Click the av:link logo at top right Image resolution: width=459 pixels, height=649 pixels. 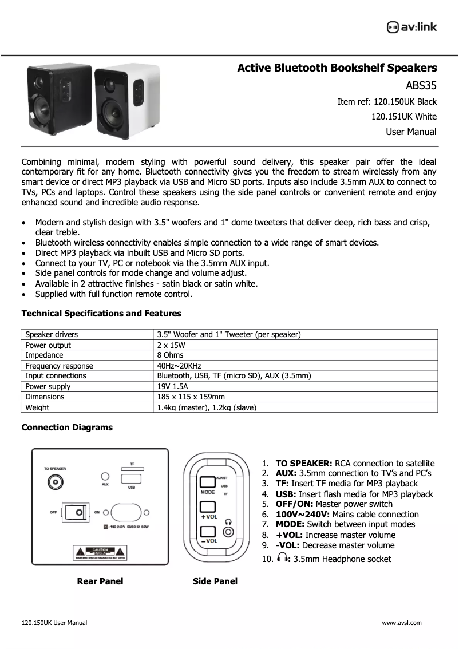click(411, 27)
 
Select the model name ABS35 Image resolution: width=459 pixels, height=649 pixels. click(421, 86)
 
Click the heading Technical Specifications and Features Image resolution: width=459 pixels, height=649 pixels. click(101, 314)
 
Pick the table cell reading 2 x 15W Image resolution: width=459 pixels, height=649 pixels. click(171, 345)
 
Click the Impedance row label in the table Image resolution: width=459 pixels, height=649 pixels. click(41, 355)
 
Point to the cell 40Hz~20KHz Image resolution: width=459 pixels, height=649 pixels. click(179, 366)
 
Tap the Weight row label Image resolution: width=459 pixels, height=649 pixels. click(37, 407)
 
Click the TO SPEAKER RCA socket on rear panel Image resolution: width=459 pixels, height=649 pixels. click(56, 482)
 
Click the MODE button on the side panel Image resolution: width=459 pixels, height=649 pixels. click(207, 482)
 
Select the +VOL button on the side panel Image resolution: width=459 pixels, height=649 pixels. click(207, 507)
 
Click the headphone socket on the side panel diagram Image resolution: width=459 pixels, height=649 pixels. click(229, 532)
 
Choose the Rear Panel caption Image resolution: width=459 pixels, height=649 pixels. click(100, 581)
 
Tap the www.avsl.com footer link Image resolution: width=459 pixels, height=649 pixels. click(401, 623)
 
